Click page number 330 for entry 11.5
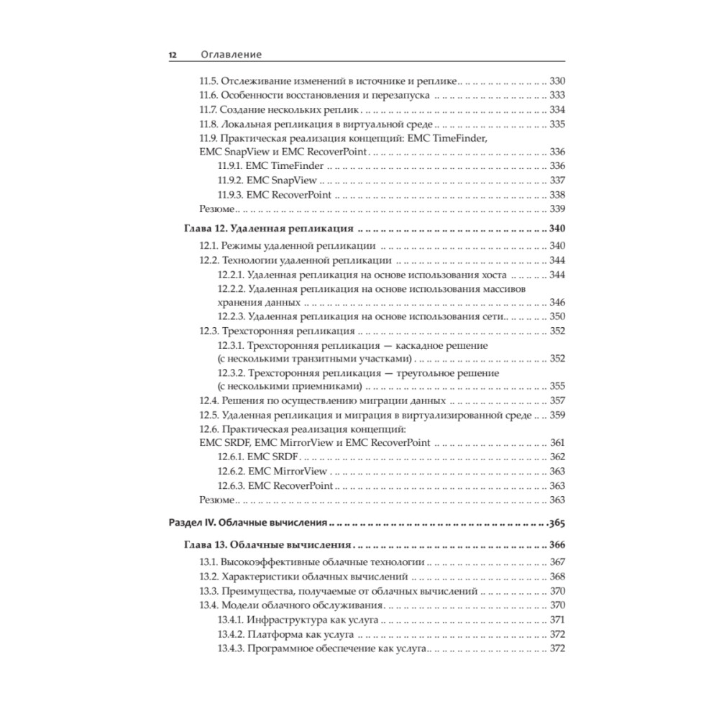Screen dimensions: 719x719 tap(557, 81)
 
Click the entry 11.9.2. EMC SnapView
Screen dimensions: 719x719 tap(267, 180)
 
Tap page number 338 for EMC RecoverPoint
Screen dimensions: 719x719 tap(557, 195)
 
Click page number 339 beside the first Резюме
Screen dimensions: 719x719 tap(557, 209)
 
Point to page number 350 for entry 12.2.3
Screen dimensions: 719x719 tap(557, 316)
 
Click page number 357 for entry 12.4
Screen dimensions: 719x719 tap(557, 400)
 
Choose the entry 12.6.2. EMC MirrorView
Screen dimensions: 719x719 tap(273, 471)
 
